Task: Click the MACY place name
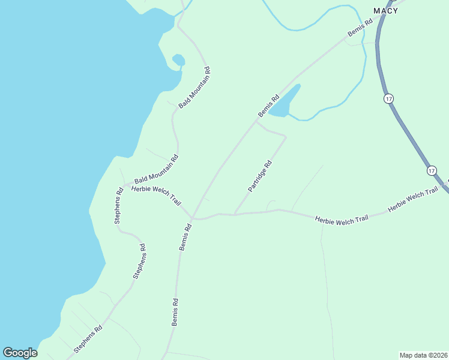[x=385, y=11]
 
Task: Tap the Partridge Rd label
[x=260, y=176]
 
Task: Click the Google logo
[x=20, y=353]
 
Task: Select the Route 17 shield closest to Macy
[x=389, y=98]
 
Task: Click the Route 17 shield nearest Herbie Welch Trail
[x=432, y=171]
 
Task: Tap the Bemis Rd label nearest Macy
[x=361, y=28]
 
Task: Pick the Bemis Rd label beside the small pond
[x=268, y=106]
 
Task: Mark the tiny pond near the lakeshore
[x=178, y=60]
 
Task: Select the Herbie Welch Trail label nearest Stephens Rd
[x=156, y=195]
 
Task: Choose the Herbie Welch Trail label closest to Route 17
[x=413, y=200]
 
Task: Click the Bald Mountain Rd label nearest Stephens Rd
[x=156, y=170]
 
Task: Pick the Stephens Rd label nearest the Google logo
[x=88, y=339]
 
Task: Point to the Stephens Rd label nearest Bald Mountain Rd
[x=118, y=208]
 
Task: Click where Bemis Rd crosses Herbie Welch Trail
[x=192, y=218]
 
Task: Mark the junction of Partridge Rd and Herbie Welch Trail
[x=234, y=214]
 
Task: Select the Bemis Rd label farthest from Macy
[x=175, y=312]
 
